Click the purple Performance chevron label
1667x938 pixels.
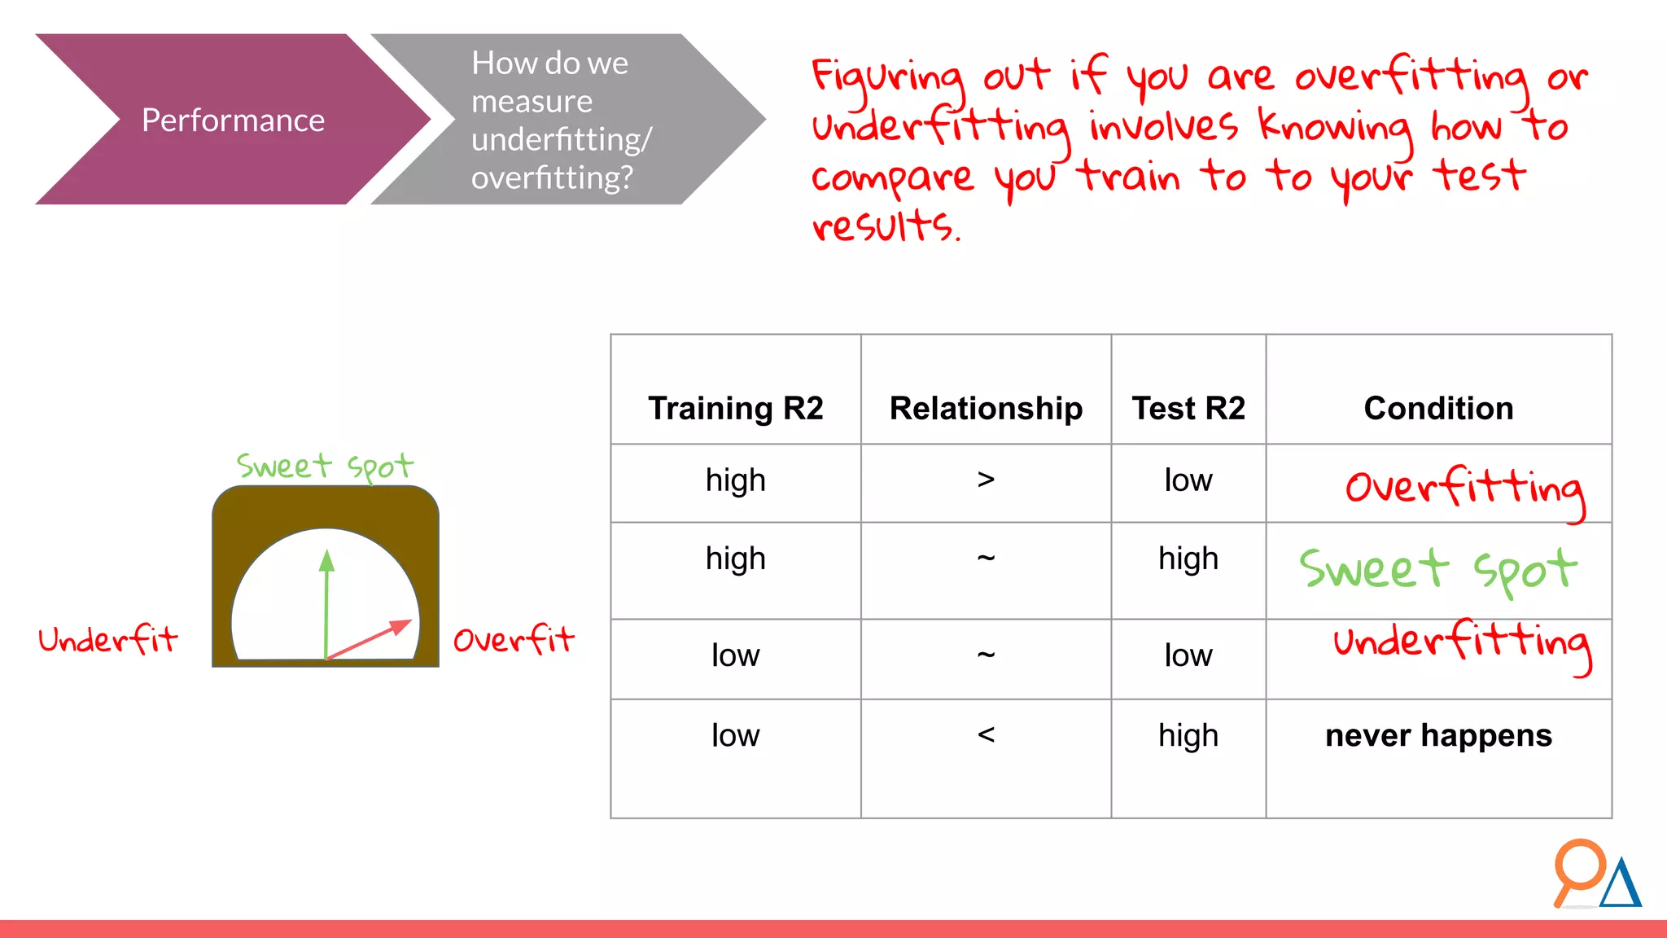click(233, 121)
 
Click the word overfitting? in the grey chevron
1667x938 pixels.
click(552, 178)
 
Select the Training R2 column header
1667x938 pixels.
click(735, 408)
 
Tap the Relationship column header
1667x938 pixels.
click(986, 408)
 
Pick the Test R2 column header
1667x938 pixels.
click(1188, 408)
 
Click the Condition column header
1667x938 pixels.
click(1438, 408)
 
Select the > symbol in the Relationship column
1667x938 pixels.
click(986, 480)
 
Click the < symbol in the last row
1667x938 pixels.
click(986, 734)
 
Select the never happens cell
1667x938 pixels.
click(1438, 735)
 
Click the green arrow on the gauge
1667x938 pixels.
click(327, 603)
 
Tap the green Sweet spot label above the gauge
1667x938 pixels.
click(325, 467)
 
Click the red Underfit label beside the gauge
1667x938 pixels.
click(107, 640)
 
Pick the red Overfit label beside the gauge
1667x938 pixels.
click(514, 640)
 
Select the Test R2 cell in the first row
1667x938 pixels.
click(1188, 480)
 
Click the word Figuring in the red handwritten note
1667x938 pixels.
click(887, 77)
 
